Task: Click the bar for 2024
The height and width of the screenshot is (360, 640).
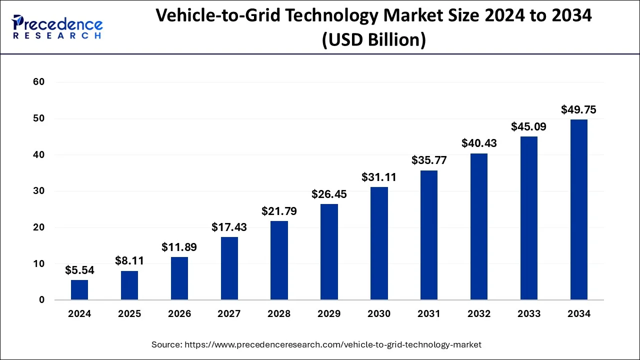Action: tap(79, 290)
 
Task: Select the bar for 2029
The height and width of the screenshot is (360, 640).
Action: tap(329, 252)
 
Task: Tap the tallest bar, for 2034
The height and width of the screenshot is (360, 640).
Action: tap(579, 210)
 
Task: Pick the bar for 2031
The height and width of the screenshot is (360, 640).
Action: tap(429, 235)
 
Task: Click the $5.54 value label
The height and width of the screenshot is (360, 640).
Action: tap(79, 270)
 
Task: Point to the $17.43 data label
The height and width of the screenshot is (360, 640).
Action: tap(229, 227)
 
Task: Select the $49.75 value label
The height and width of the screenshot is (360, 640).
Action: tap(579, 110)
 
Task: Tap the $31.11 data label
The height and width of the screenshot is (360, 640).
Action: tap(379, 177)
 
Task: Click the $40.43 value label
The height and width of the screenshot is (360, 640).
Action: tap(479, 143)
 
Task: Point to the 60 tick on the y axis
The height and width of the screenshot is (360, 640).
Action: tap(39, 82)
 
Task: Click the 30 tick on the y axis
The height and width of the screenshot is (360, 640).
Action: tap(39, 191)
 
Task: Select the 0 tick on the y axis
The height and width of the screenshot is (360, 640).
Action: tap(42, 300)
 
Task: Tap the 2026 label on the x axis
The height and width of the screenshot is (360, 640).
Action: tap(179, 314)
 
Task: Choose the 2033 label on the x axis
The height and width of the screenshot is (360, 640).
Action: tap(529, 314)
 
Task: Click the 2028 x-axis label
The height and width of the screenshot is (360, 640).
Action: tap(279, 314)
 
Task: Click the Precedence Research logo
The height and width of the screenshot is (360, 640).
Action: tap(57, 27)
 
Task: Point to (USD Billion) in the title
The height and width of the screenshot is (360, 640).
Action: tap(373, 39)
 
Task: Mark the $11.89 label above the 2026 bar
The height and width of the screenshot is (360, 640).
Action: tap(179, 247)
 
